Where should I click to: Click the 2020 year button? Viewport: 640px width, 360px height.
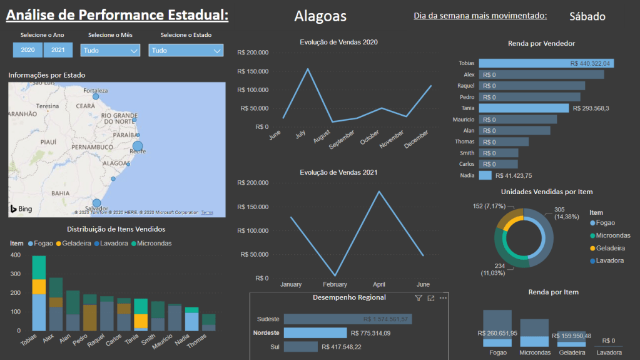tap(28, 50)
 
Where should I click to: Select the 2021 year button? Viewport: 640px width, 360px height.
tap(58, 50)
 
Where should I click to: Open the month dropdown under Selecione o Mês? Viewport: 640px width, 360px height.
tap(110, 50)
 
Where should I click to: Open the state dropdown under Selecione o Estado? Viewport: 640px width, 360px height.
tap(186, 50)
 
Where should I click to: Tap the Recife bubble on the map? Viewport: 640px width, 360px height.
tap(138, 147)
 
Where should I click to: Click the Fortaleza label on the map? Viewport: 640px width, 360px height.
tap(96, 90)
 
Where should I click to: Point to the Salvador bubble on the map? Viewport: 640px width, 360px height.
tap(96, 202)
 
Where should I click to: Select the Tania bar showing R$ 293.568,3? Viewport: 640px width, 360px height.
tap(524, 108)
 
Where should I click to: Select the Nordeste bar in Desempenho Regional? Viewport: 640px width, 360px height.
tap(315, 333)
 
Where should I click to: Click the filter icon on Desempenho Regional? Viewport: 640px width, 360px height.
tap(419, 299)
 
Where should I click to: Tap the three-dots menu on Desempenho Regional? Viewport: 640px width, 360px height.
tap(443, 298)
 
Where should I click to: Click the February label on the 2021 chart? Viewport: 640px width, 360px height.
tap(335, 284)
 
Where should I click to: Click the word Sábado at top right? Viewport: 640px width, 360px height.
tap(587, 17)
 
